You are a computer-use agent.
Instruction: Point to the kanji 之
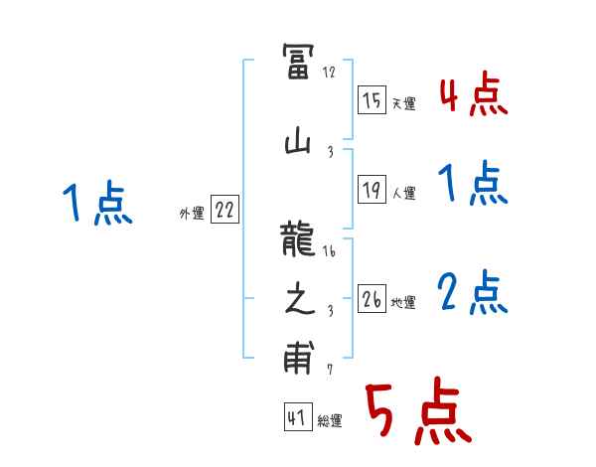298,301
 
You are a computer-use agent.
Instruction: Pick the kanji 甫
298,359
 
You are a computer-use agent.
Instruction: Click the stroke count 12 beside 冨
330,73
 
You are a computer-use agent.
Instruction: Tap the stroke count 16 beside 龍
330,252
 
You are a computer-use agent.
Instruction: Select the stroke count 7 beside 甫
329,370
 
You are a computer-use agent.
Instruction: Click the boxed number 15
372,100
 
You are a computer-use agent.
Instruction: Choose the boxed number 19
372,191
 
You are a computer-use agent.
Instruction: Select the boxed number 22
224,210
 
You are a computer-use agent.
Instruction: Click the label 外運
191,213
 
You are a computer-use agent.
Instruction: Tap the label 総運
329,421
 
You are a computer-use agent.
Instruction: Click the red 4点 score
472,96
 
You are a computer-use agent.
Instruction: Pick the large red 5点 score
416,412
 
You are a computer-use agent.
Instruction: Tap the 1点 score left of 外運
97,205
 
